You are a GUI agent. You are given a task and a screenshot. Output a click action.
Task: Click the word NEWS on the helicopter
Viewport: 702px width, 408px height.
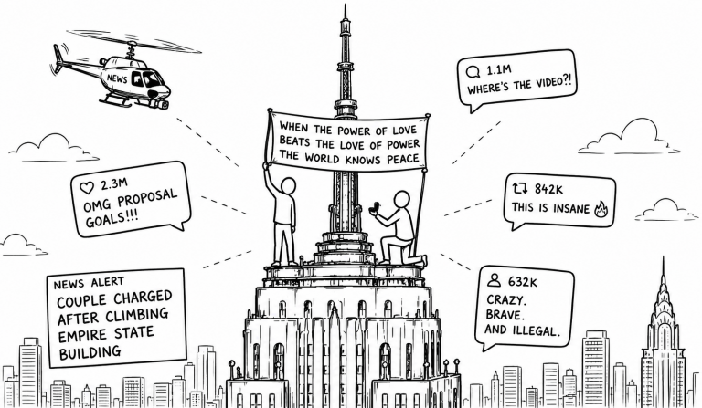[117, 78]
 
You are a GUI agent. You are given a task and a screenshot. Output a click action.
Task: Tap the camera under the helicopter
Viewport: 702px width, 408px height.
[162, 104]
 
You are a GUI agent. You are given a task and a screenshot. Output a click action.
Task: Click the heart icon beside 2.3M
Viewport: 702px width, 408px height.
[87, 188]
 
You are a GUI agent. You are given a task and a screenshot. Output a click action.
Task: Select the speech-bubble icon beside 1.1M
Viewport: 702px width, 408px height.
[473, 72]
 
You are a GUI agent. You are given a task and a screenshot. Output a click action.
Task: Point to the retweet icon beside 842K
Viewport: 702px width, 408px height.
[520, 189]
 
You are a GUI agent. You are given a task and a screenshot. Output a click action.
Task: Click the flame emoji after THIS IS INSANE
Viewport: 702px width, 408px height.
[601, 208]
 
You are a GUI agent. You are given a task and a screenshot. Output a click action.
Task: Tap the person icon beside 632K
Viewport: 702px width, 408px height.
[494, 280]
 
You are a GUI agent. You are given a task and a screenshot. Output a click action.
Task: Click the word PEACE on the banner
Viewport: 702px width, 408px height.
[403, 159]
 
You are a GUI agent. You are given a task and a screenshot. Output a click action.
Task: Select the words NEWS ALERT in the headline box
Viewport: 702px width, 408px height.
[89, 283]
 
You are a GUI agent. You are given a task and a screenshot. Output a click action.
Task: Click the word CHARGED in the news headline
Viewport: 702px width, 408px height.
[143, 298]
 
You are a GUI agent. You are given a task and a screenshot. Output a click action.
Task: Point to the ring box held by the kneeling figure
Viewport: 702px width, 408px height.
[374, 206]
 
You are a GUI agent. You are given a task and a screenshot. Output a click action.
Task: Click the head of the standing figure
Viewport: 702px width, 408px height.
[288, 185]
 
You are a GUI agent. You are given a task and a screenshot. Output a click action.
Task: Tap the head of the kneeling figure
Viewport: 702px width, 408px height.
[402, 199]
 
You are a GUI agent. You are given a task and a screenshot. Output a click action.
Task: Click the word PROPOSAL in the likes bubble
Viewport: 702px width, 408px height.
[148, 199]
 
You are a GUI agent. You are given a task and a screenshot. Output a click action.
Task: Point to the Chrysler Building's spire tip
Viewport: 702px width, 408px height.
[664, 257]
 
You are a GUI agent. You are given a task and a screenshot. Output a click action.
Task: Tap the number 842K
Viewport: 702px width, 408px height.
[548, 189]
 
